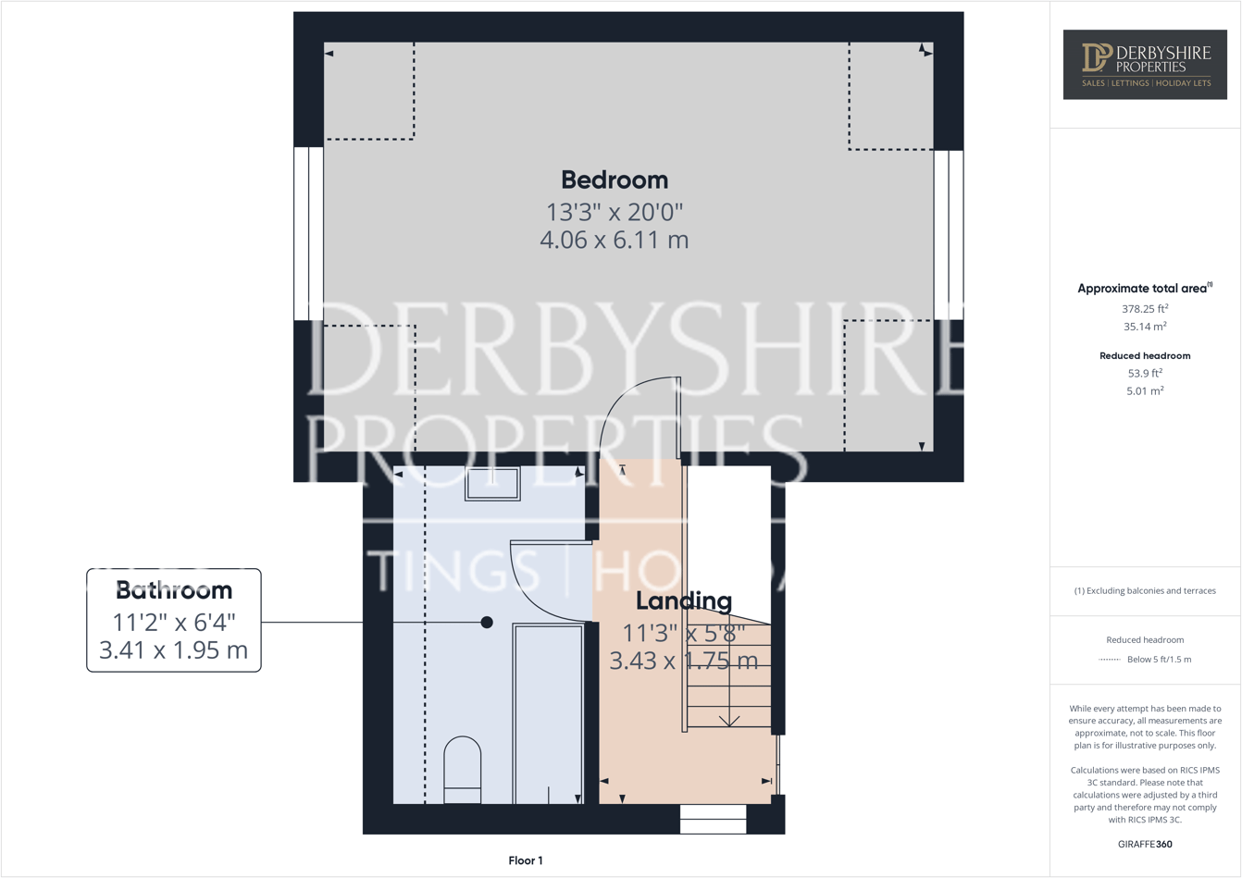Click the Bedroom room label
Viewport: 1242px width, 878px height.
tap(615, 179)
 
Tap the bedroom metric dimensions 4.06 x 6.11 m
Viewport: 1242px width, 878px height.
tap(615, 241)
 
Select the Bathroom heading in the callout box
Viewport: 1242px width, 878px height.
tap(174, 590)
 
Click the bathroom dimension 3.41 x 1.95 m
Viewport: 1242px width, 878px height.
tap(174, 650)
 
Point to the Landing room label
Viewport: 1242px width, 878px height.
tap(684, 601)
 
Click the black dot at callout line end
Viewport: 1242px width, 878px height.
tap(487, 623)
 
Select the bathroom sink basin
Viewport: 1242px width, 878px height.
tap(492, 484)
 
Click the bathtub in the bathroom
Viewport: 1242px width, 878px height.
tap(548, 712)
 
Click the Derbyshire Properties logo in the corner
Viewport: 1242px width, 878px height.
tap(1145, 64)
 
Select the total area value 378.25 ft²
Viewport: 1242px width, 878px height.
tap(1145, 309)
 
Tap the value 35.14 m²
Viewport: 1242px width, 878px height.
tap(1145, 327)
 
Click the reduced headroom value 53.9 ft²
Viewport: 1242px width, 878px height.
tap(1145, 374)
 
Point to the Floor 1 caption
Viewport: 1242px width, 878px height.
tap(526, 860)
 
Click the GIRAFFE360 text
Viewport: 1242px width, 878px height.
tap(1145, 844)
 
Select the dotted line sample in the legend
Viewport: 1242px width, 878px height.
tap(1109, 660)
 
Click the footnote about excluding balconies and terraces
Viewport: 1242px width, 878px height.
tap(1145, 590)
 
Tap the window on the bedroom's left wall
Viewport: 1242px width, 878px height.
tap(308, 234)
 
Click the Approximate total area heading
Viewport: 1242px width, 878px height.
tap(1144, 289)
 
